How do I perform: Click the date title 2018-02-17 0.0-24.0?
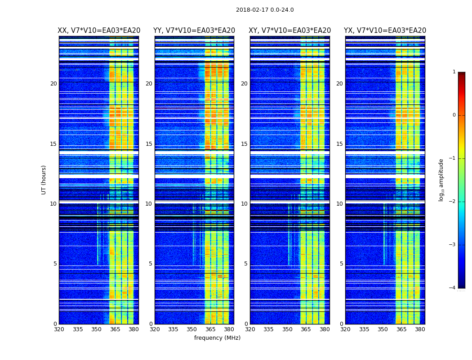(265, 10)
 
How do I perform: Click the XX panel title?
(99, 31)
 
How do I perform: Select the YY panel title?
(194, 31)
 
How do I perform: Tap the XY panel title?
(290, 31)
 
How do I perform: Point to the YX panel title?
(385, 31)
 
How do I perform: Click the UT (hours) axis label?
(44, 180)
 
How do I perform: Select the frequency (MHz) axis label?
(217, 338)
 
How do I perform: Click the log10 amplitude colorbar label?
(441, 180)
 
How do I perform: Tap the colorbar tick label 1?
(454, 72)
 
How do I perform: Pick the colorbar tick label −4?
(453, 288)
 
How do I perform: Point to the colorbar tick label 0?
(454, 115)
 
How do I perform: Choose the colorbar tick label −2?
(453, 202)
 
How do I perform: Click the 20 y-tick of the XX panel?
(53, 84)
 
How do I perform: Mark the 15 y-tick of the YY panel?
(149, 144)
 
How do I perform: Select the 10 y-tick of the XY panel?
(244, 204)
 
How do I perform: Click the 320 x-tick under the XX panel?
(59, 329)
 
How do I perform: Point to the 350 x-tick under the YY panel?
(192, 329)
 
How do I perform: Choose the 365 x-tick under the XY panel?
(306, 329)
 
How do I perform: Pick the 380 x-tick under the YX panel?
(420, 329)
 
